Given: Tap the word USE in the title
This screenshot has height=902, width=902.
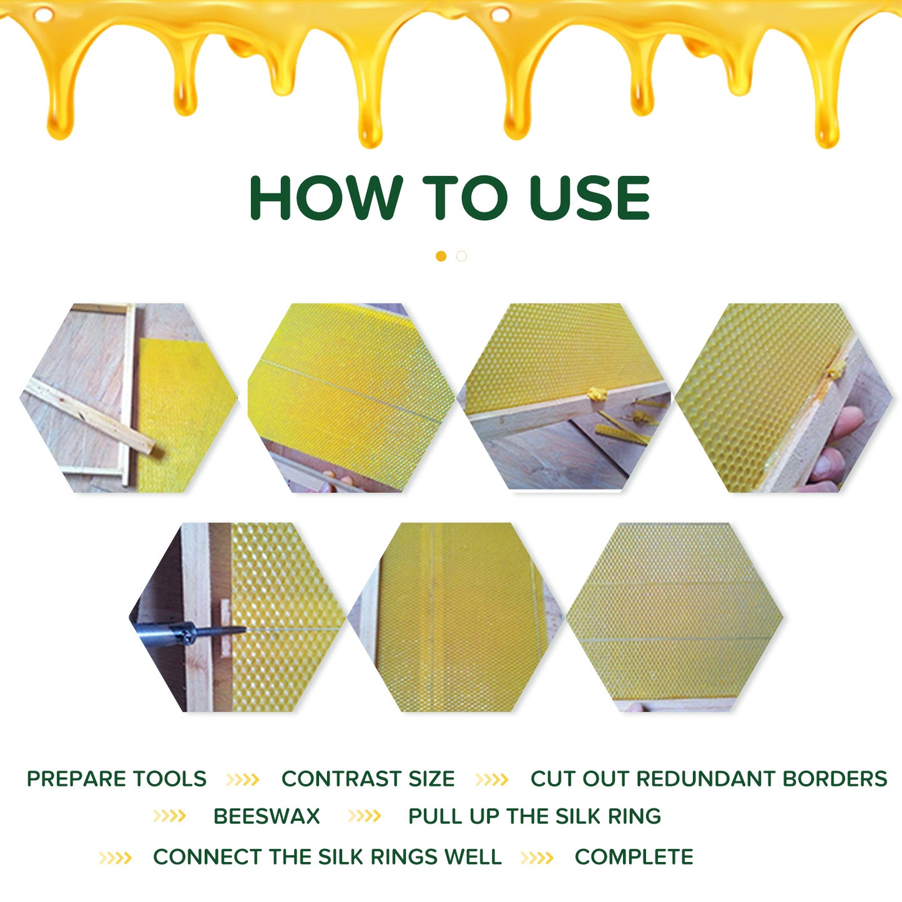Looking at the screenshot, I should coord(589,198).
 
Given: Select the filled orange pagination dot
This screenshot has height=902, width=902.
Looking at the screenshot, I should coord(441,257).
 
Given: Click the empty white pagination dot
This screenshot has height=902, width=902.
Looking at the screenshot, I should coord(461,257).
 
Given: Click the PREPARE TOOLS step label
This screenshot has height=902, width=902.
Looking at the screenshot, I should coord(117,779).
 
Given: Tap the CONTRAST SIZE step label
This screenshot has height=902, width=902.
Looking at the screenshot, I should coord(368,779).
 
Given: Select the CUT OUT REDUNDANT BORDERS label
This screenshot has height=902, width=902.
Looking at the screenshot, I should coord(708,779).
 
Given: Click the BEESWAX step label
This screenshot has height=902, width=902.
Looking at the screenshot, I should coord(267,816).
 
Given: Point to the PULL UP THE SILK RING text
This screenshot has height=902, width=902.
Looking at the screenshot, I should coord(534,816).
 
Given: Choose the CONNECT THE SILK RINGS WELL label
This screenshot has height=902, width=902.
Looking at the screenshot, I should coord(327,857).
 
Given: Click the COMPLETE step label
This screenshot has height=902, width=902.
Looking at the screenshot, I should coord(634,857).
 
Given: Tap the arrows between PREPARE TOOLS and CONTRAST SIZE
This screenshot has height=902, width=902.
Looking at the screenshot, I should coord(243,780).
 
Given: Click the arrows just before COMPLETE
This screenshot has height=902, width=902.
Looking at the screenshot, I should coord(537,858).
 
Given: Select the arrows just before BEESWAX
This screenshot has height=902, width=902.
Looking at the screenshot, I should coord(169,816).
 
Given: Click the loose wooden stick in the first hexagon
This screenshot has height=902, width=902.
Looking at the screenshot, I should coord(87,415).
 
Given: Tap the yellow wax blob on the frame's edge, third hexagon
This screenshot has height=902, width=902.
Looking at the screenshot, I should coord(597,394).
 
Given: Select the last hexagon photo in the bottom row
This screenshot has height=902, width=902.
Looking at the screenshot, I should coord(674,617).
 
